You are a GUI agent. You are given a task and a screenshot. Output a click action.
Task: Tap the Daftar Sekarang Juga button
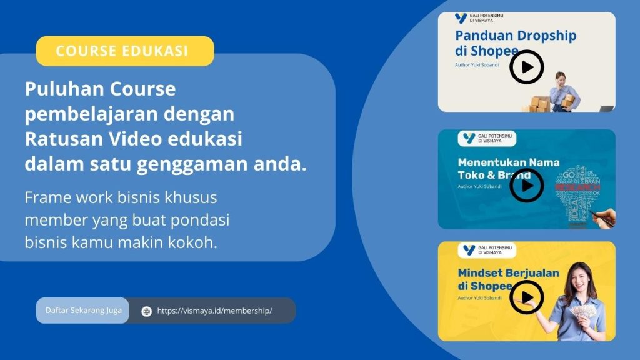pos(82,311)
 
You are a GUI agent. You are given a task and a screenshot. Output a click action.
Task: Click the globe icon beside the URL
pos(146,311)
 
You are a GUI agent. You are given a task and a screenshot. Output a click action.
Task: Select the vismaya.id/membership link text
pos(214,311)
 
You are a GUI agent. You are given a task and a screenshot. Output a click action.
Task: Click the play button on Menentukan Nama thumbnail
pos(526,185)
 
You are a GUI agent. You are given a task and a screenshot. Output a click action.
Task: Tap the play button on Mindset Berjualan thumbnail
pos(526,297)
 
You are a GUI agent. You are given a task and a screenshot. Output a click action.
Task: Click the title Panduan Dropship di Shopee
pos(515,42)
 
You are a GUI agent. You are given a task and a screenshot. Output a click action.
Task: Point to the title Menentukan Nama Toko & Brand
pos(508,168)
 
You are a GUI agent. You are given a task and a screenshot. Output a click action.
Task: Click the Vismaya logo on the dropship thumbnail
pos(461,18)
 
